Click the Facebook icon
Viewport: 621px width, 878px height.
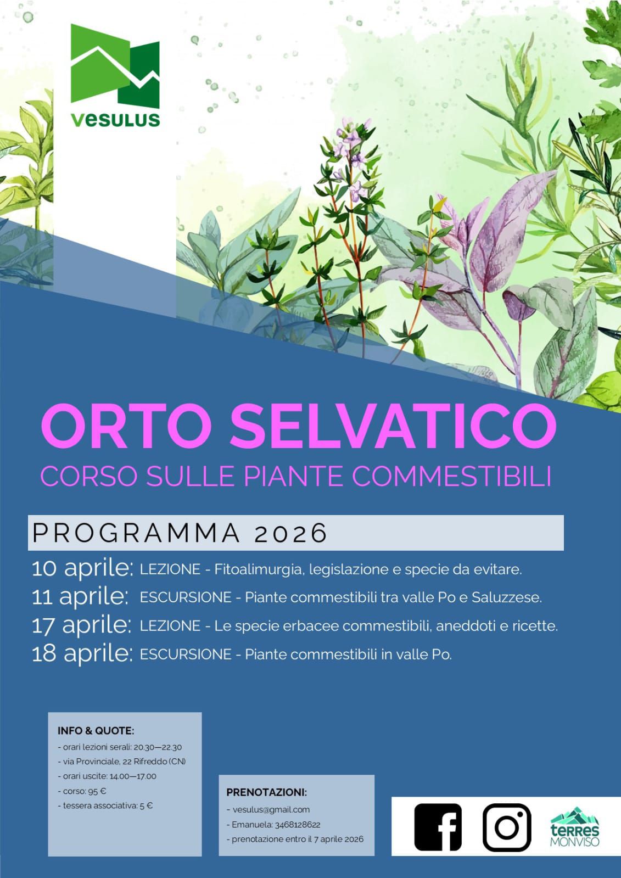tap(438, 827)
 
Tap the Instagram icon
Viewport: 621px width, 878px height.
tap(507, 827)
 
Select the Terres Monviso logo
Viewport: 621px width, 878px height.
tap(575, 827)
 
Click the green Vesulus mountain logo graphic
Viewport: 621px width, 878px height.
tap(115, 66)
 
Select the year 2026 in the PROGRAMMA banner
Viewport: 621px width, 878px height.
tap(290, 533)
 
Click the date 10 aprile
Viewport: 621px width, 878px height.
tap(82, 569)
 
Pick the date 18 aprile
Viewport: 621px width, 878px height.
tap(82, 654)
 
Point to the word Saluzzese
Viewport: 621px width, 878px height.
tap(507, 598)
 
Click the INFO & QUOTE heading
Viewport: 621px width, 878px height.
tap(96, 731)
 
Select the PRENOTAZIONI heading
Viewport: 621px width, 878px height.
tap(267, 792)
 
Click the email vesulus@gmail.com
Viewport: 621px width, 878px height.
tap(271, 810)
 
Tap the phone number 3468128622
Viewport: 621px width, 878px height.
tap(298, 825)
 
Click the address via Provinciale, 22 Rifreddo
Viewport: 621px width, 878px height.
tap(116, 762)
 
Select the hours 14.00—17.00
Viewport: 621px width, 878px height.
tap(133, 776)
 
